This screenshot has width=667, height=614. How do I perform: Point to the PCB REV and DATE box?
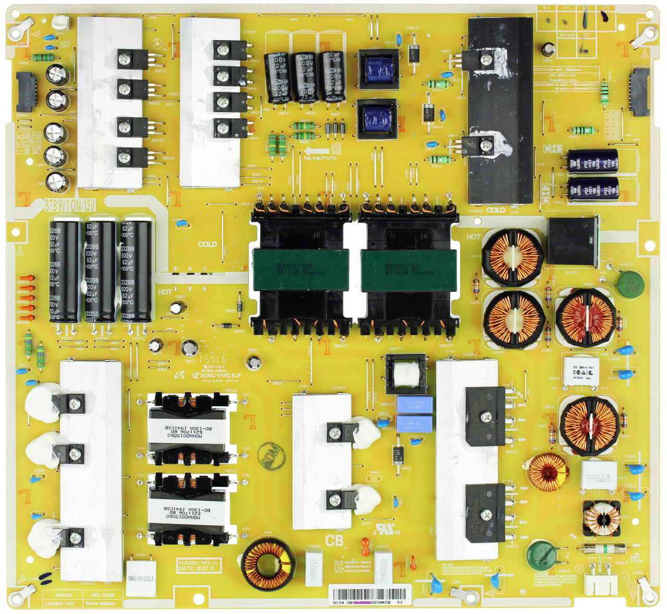pos(198,566)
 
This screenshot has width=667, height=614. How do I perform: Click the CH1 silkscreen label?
pos(552,149)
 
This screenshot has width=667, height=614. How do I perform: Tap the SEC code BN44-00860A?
pos(103,604)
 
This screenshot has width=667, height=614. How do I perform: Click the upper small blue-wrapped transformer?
pos(377,69)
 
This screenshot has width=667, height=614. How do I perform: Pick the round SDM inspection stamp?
pos(274,454)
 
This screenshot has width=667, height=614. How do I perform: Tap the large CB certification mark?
pos(334,541)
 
